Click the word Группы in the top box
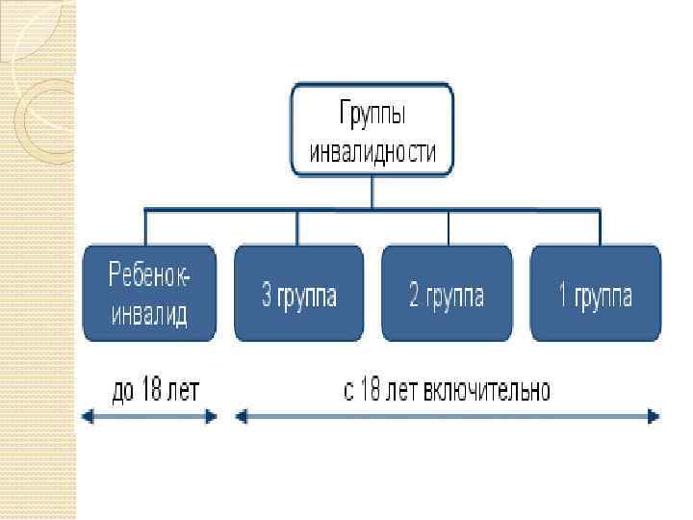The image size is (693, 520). coord(372,115)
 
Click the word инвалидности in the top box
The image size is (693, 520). coord(372,152)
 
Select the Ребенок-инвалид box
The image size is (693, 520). coord(150,293)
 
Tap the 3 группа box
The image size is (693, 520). coord(298,293)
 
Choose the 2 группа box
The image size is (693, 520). coord(448,293)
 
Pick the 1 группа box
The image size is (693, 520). coord(596,293)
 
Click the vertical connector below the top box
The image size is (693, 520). coord(372,192)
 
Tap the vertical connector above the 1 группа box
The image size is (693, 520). coord(598,227)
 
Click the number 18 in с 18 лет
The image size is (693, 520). coord(372,391)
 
